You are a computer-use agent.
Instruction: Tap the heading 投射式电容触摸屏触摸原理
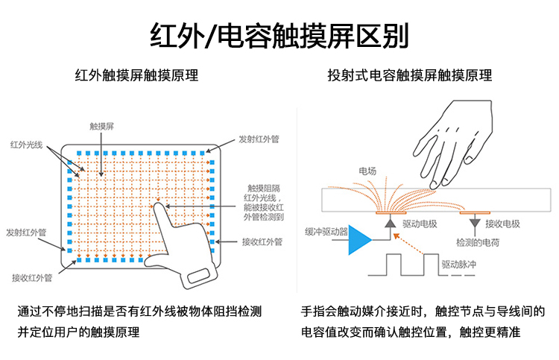(x=409, y=75)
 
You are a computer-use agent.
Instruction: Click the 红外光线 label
(x=27, y=142)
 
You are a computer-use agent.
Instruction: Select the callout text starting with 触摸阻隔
(x=265, y=202)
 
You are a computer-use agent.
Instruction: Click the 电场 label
(x=367, y=171)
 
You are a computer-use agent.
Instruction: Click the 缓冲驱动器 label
(x=326, y=231)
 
